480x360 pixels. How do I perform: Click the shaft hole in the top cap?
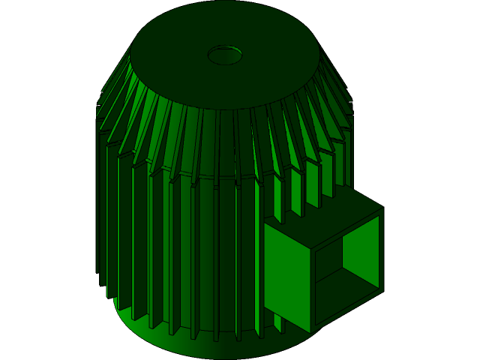click(225, 55)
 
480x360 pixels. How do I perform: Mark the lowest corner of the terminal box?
click(311, 333)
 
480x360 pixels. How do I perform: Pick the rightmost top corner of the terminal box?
click(383, 208)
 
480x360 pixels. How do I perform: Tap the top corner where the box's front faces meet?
click(311, 248)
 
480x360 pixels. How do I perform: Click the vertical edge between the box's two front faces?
click(311, 292)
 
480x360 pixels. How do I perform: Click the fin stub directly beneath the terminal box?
click(279, 327)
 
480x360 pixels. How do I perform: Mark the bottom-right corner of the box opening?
click(378, 288)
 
